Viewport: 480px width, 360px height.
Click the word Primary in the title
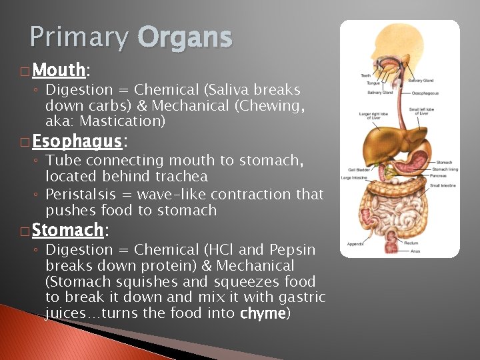point(79,37)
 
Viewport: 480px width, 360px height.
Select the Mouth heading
point(59,70)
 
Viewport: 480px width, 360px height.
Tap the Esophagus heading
point(77,141)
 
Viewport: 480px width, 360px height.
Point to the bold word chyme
point(263,313)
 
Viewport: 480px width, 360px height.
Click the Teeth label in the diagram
point(366,75)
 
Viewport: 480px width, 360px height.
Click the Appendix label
point(355,244)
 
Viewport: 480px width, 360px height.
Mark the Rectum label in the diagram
point(412,243)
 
